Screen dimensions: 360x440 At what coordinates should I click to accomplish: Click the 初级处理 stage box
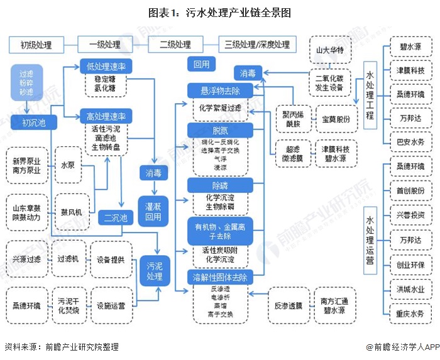pyautogui.click(x=36, y=45)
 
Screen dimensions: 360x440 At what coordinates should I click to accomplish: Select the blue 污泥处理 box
pyautogui.click(x=155, y=271)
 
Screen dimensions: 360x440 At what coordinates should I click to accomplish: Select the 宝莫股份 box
pyautogui.click(x=333, y=119)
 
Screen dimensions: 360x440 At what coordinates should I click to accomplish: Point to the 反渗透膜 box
pyautogui.click(x=289, y=306)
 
